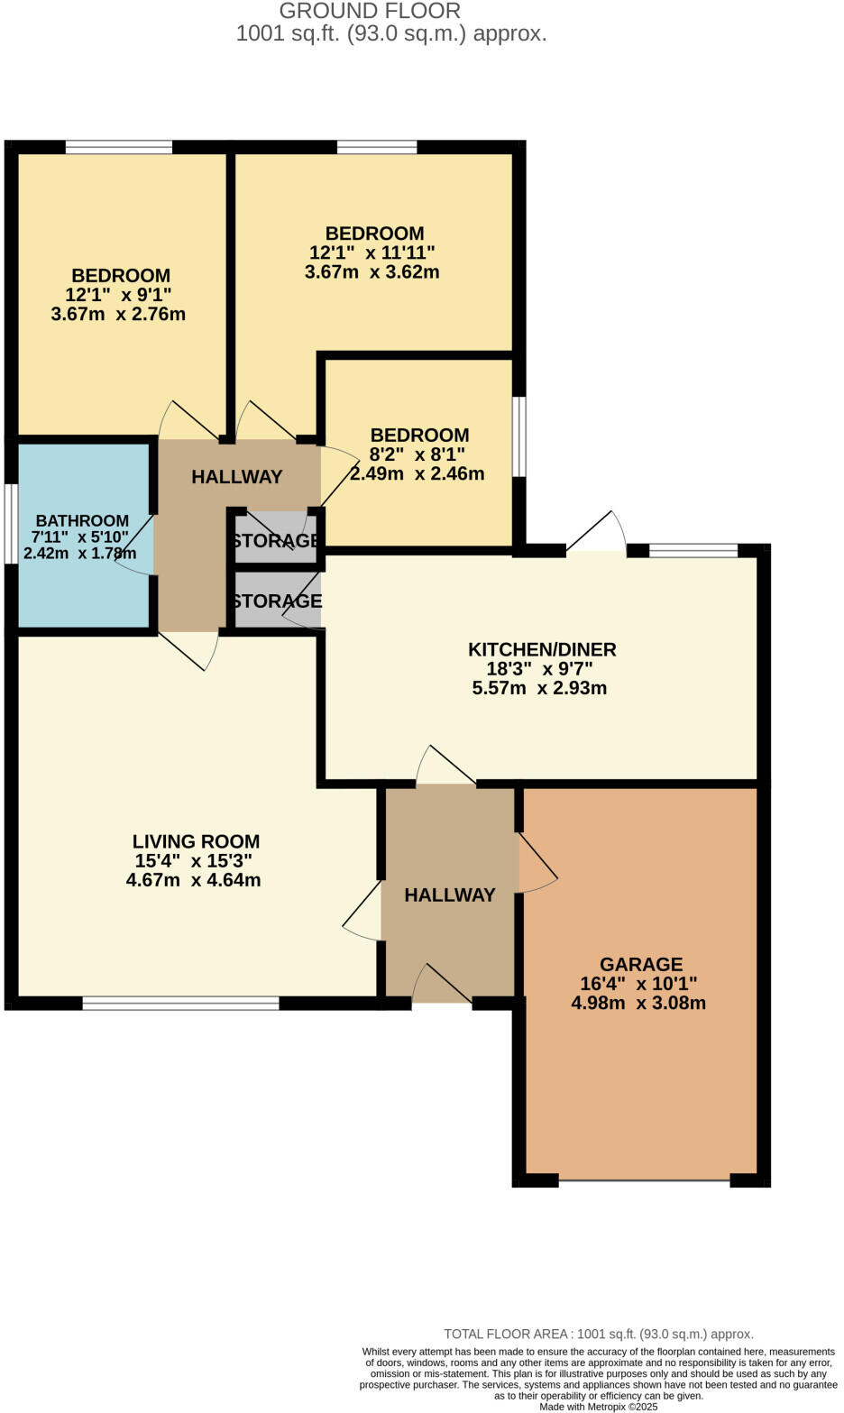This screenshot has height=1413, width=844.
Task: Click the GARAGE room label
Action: (x=641, y=964)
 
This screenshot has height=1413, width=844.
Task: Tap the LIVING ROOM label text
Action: (x=196, y=841)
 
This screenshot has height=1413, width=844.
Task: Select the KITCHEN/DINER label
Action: (x=542, y=649)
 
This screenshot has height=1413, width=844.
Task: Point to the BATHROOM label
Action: (x=82, y=520)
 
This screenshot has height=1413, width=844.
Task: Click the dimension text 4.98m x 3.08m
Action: (x=638, y=1003)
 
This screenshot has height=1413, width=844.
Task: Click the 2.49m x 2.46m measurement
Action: (x=417, y=473)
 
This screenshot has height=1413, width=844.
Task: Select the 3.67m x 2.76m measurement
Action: (x=118, y=314)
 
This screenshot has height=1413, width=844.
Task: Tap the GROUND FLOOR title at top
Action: (x=370, y=12)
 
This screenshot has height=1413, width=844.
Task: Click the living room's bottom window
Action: (x=180, y=1003)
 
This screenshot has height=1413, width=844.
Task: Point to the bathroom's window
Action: (x=10, y=525)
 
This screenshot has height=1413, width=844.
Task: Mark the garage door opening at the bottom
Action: (x=644, y=1179)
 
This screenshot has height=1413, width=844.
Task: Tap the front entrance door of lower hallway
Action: (x=442, y=985)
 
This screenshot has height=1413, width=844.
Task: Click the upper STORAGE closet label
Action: (x=275, y=541)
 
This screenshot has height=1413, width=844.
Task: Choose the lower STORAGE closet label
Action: (x=276, y=601)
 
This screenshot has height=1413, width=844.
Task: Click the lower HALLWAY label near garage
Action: (x=450, y=895)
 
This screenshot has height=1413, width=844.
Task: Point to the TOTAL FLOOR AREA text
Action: (x=599, y=1334)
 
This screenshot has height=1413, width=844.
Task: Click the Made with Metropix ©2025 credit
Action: (x=599, y=1407)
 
